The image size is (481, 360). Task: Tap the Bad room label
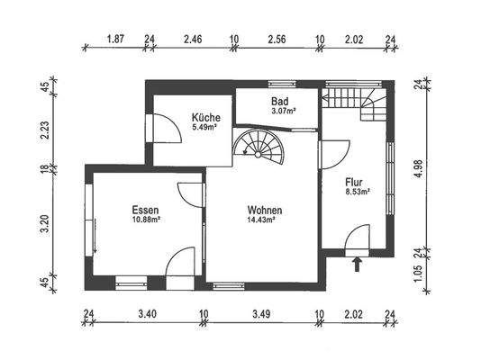pos(280,102)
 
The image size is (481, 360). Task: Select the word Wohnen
pos(265,211)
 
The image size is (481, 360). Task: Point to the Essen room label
pos(145,209)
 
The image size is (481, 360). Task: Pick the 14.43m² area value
pos(265,220)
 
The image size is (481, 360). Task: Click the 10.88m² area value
pos(145,219)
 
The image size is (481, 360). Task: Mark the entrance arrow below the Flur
pos(357,264)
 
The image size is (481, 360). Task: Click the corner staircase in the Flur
pos(358,100)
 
